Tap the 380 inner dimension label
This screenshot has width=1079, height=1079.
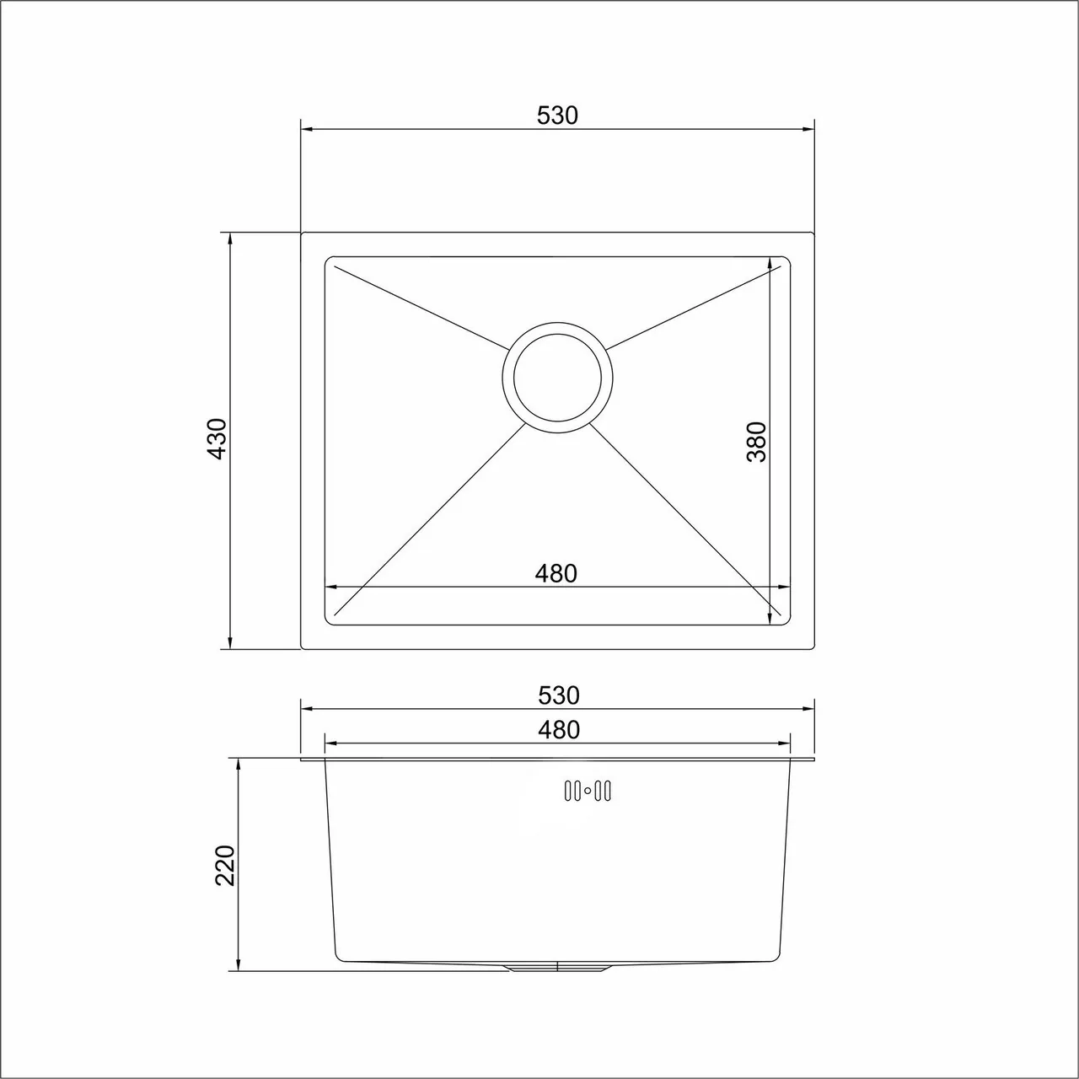click(x=756, y=442)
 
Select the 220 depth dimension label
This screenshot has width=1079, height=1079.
click(x=225, y=866)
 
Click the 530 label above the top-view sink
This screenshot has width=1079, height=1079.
click(x=556, y=115)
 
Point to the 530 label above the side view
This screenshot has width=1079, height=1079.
click(x=558, y=695)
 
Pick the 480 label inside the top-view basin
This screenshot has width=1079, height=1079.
click(x=556, y=573)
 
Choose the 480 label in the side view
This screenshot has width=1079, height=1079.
click(x=558, y=730)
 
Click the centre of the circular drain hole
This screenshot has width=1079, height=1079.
click(x=557, y=378)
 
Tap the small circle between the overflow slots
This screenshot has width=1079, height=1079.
click(x=588, y=792)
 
